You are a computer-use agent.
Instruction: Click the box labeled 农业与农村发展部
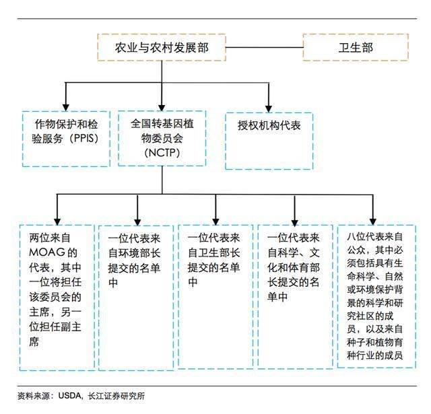coord(162,47)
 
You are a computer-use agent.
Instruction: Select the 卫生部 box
coord(356,47)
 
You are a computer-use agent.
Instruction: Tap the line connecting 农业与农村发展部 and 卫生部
coord(265,47)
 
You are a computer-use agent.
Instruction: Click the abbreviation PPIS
coord(84,138)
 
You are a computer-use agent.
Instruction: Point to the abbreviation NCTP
coord(162,152)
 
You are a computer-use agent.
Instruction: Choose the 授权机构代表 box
coord(269,141)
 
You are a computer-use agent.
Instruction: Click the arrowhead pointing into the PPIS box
coord(66,108)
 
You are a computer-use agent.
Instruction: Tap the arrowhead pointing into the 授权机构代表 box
coord(269,108)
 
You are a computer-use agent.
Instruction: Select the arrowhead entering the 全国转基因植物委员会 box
coord(162,108)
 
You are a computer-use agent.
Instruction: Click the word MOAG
coord(47,252)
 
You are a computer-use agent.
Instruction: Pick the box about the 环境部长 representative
coord(136,298)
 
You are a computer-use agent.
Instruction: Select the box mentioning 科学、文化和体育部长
coord(295,296)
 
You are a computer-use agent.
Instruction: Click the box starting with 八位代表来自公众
coord(376,296)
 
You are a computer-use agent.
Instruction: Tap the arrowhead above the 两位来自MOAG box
coord(57,221)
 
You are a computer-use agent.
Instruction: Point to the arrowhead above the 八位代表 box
coord(372,221)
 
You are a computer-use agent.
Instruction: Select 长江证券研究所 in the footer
coord(117,396)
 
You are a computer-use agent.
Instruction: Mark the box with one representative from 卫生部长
coord(215,296)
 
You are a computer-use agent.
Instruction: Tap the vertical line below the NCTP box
coord(162,180)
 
